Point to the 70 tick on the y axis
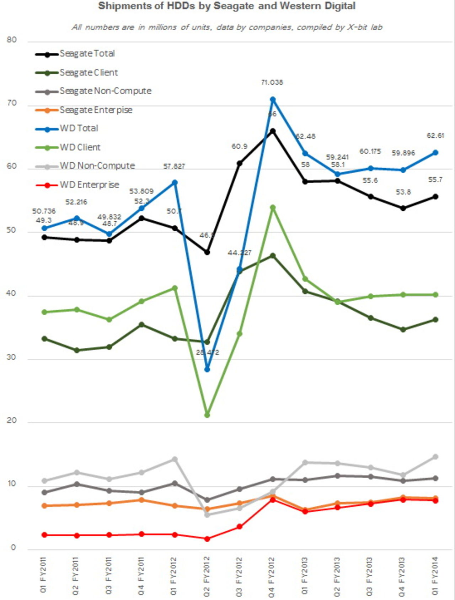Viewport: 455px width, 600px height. click(12, 103)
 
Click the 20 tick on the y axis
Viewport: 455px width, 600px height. click(12, 420)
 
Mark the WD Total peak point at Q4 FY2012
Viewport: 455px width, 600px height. click(273, 100)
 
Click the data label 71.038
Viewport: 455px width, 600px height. click(272, 83)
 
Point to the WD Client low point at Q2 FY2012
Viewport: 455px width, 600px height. click(207, 415)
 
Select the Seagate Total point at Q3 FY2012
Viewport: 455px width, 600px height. click(240, 163)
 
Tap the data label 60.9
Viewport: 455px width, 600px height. click(239, 147)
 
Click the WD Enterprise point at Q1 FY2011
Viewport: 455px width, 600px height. click(44, 535)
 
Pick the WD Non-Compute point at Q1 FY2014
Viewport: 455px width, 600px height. click(435, 457)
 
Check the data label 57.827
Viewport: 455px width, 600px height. click(174, 166)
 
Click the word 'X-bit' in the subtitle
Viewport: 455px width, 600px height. click(357, 27)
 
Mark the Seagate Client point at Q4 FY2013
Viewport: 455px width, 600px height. click(403, 330)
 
